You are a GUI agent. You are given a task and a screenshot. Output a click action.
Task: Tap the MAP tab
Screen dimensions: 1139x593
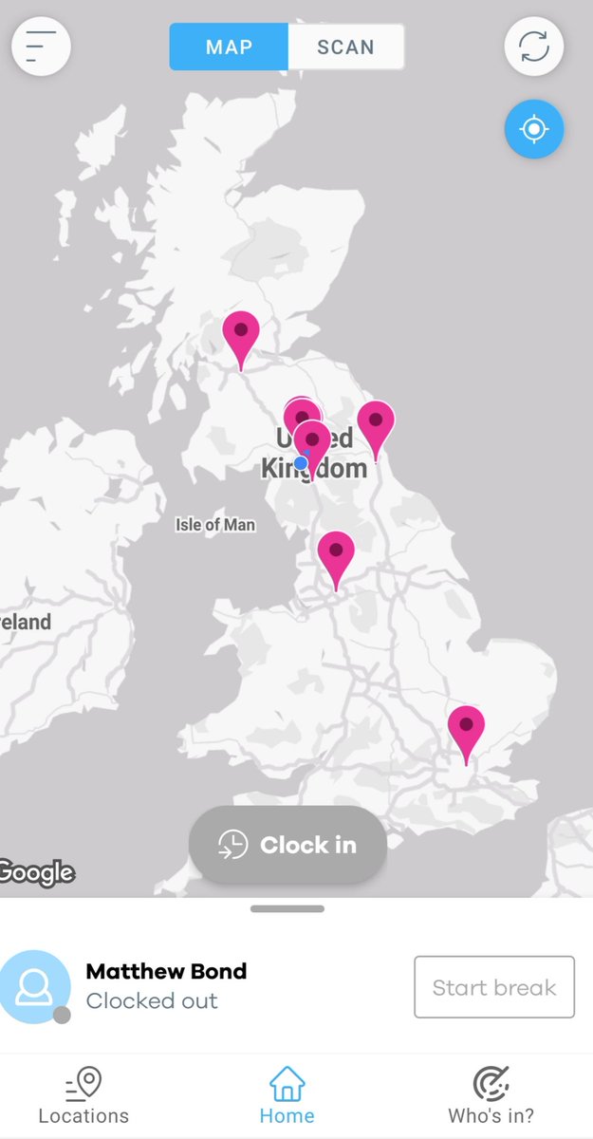229,47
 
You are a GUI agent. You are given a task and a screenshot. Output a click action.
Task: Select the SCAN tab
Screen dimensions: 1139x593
345,47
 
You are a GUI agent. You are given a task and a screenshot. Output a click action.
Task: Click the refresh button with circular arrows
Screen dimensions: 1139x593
534,47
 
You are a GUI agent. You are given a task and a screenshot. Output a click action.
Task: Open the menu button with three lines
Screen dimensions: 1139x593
41,47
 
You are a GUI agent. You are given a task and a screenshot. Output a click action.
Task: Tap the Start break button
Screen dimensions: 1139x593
494,987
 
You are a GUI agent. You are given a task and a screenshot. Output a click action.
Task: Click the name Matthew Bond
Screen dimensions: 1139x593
166,971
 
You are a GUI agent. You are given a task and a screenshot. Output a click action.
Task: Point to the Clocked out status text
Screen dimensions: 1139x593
152,1000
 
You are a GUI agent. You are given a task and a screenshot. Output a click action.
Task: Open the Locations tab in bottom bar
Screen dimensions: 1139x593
83,1095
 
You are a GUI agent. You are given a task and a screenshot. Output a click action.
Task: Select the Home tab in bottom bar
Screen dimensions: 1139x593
287,1095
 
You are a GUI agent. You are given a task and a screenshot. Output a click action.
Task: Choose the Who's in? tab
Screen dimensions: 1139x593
491,1095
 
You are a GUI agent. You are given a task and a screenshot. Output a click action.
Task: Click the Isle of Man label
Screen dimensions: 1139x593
215,524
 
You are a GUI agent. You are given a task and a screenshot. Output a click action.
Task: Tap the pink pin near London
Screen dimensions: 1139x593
466,726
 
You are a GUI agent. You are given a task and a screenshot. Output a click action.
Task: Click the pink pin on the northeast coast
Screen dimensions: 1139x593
376,422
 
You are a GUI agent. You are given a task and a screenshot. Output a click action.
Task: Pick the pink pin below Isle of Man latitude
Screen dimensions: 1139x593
335,552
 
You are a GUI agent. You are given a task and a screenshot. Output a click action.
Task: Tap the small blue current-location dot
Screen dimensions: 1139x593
301,463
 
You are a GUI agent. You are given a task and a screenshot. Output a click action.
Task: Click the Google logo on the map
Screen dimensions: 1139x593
37,871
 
